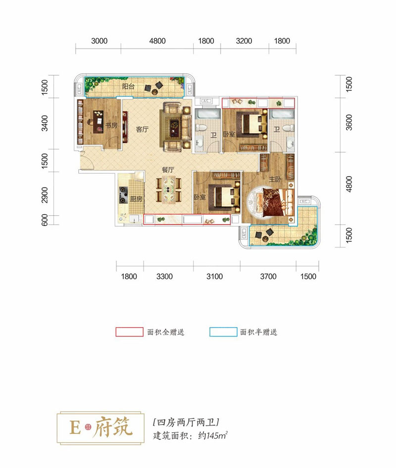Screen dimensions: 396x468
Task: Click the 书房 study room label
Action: (x=111, y=125)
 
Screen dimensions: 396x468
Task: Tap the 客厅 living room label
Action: (x=142, y=129)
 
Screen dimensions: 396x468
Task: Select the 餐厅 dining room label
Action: (x=168, y=170)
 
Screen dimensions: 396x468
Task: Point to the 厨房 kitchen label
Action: (x=136, y=199)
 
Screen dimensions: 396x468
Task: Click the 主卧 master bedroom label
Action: (x=275, y=179)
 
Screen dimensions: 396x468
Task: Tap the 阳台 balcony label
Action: (x=128, y=87)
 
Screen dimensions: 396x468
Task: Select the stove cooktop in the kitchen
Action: (x=124, y=194)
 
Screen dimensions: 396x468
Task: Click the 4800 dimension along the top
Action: (x=157, y=41)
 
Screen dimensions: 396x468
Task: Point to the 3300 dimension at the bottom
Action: (x=164, y=277)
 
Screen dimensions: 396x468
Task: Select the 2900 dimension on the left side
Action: (x=45, y=194)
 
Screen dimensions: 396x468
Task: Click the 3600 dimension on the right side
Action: (x=349, y=122)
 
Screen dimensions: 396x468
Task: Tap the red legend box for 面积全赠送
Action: (x=129, y=332)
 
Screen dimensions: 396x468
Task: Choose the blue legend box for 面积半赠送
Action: (x=223, y=332)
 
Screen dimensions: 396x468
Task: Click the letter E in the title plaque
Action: (x=75, y=428)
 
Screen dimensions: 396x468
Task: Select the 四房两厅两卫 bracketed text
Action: (x=186, y=422)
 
